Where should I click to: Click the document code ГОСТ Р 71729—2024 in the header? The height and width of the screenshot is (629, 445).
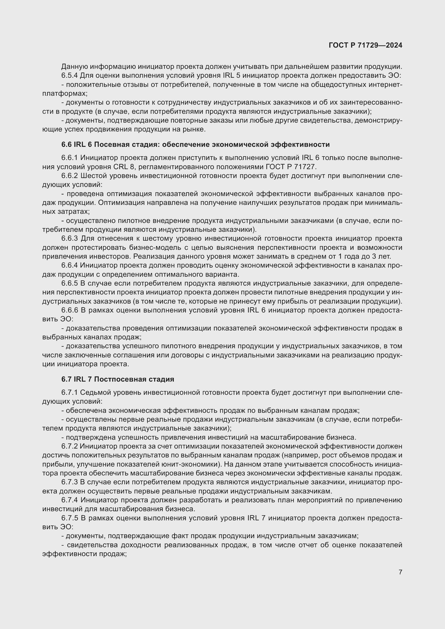click(365, 45)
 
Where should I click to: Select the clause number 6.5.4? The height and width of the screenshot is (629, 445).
click(70, 76)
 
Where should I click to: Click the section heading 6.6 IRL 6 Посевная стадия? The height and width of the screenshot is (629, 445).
click(195, 144)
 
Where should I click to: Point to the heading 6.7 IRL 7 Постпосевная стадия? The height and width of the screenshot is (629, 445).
click(118, 379)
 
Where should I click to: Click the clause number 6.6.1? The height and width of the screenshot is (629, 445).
click(70, 158)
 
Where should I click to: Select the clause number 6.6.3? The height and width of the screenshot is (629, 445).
click(70, 238)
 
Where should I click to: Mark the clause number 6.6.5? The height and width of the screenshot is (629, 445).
click(70, 283)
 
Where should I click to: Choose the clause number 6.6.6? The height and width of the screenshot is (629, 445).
click(70, 310)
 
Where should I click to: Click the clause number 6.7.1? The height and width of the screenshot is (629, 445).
click(70, 393)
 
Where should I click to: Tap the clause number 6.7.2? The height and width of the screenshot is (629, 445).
click(70, 446)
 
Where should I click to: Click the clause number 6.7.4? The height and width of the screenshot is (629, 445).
click(70, 500)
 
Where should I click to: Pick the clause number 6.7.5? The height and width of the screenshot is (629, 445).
click(70, 518)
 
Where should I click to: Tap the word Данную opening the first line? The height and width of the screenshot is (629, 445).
click(74, 67)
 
